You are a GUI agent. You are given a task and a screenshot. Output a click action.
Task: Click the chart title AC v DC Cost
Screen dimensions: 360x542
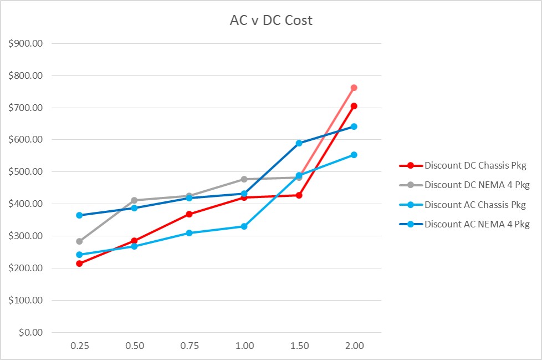pyautogui.click(x=271, y=21)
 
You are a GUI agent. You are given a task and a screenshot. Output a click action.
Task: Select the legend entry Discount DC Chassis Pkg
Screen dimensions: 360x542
pyautogui.click(x=474, y=165)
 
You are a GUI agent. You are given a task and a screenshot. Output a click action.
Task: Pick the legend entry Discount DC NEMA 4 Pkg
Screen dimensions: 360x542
pyautogui.click(x=477, y=185)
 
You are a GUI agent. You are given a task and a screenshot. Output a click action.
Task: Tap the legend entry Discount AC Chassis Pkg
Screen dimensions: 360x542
pyautogui.click(x=474, y=205)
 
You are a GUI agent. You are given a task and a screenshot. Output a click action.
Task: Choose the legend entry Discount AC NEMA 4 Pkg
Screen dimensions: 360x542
pyautogui.click(x=477, y=225)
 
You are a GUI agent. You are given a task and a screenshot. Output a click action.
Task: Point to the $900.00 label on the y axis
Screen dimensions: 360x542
pyautogui.click(x=25, y=43)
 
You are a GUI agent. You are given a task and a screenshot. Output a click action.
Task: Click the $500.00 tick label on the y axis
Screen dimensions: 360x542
pyautogui.click(x=25, y=172)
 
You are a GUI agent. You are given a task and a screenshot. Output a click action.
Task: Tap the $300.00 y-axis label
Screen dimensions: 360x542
pyautogui.click(x=25, y=236)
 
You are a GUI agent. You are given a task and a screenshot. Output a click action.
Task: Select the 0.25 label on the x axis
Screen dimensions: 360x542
pyautogui.click(x=79, y=346)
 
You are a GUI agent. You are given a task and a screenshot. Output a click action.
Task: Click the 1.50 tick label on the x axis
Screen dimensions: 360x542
pyautogui.click(x=299, y=346)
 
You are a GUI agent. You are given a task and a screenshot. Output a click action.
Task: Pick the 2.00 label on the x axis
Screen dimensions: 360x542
pyautogui.click(x=354, y=346)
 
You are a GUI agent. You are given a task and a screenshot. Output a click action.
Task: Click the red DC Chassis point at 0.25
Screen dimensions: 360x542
pyautogui.click(x=79, y=263)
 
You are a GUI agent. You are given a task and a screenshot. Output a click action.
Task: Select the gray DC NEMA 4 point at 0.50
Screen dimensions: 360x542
pyautogui.click(x=134, y=200)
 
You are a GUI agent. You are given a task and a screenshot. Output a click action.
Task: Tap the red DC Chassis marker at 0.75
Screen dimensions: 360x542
pyautogui.click(x=189, y=214)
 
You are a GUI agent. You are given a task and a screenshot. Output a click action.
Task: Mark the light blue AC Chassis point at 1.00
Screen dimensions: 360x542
pyautogui.click(x=244, y=226)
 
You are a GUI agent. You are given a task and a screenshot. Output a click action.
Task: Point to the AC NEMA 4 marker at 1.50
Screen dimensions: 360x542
pyautogui.click(x=299, y=143)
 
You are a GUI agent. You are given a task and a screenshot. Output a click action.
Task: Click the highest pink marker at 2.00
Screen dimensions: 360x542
pyautogui.click(x=354, y=88)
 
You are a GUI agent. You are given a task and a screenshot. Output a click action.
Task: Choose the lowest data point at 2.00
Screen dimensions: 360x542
pyautogui.click(x=354, y=155)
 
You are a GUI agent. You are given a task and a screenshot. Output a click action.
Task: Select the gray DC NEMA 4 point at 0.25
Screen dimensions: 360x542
pyautogui.click(x=79, y=241)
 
